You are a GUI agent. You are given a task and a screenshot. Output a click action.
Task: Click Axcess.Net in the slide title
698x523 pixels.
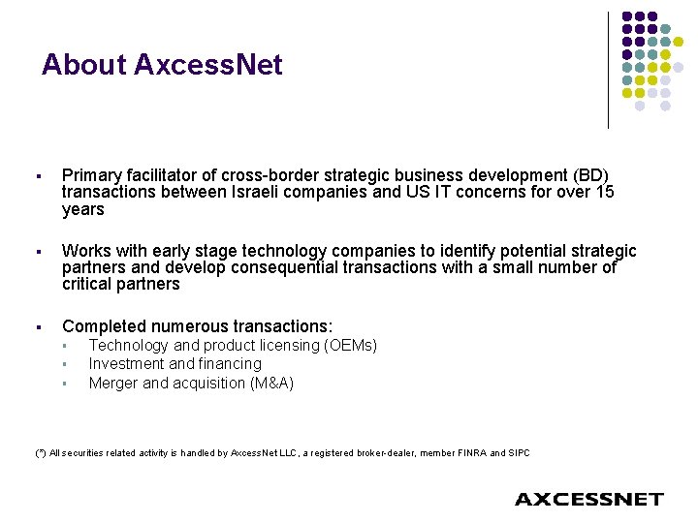tap(208, 65)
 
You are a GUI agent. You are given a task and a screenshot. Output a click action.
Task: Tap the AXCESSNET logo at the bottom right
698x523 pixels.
tap(588, 499)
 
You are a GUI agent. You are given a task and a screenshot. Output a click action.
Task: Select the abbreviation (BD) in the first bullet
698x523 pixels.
tap(587, 175)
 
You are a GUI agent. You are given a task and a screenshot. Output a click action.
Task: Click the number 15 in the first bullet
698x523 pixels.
tap(604, 193)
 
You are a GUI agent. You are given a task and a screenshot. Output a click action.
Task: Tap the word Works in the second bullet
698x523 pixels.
tap(85, 251)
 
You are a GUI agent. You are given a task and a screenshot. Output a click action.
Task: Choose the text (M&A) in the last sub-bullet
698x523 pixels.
tap(271, 383)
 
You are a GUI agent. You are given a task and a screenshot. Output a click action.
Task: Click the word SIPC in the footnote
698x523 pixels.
tap(518, 452)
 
